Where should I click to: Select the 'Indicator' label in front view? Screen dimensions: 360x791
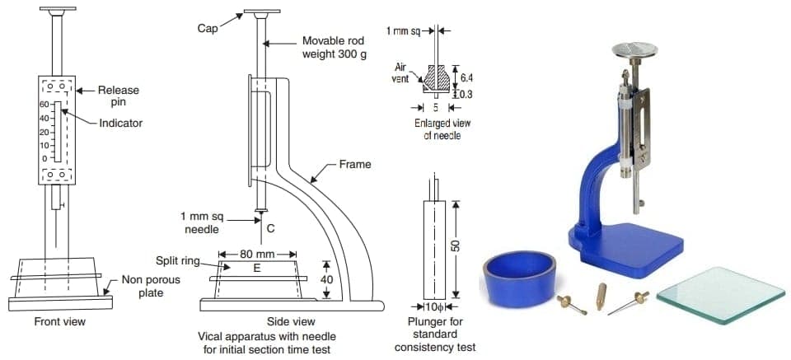[121, 123]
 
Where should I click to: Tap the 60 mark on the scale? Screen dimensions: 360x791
[22, 105]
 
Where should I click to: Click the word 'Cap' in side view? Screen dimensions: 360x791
[208, 29]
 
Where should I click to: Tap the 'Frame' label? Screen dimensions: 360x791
[355, 165]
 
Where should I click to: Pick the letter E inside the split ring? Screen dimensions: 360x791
[257, 268]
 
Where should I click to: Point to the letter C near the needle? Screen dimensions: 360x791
[269, 227]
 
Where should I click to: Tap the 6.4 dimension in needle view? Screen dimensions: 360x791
[466, 77]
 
